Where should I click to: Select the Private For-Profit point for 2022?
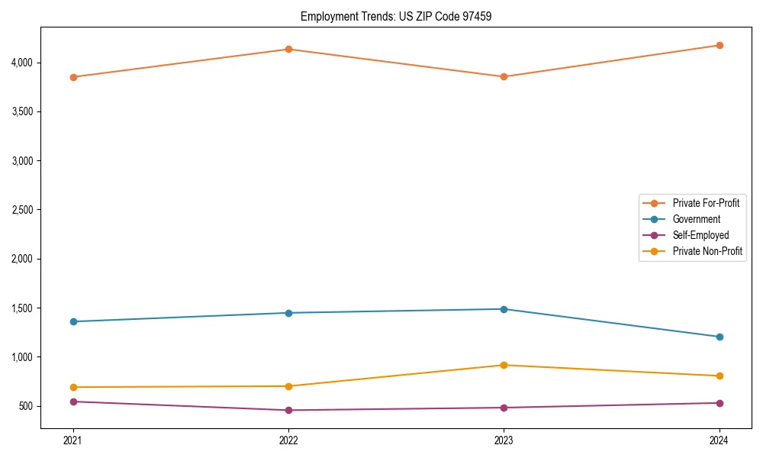tap(288, 50)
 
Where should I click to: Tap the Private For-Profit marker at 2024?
tap(720, 45)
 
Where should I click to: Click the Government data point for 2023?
tap(504, 309)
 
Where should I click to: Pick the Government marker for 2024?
tap(720, 337)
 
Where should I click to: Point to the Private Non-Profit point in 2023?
tap(504, 365)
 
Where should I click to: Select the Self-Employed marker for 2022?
tap(288, 410)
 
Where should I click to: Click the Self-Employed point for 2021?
tap(73, 402)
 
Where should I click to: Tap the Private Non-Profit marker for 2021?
tap(73, 387)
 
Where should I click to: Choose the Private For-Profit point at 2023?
tap(504, 77)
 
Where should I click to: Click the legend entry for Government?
tap(696, 219)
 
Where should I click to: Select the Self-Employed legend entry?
tap(700, 235)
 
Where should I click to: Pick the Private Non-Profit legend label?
tap(707, 251)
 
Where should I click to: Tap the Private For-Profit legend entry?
tap(706, 203)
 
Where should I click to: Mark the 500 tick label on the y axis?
tap(26, 406)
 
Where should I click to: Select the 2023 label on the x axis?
tap(504, 440)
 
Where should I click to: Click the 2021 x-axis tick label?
tap(73, 440)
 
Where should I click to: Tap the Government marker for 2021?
tap(73, 321)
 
